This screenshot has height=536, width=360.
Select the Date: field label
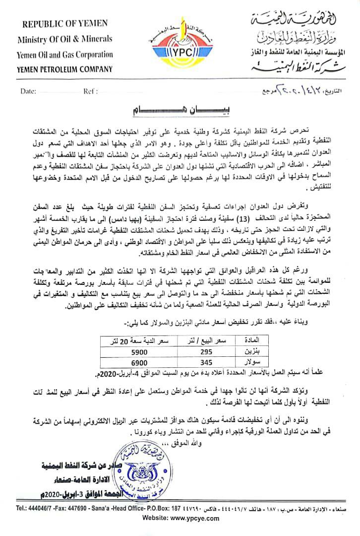point(29,92)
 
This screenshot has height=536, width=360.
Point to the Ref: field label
point(90,92)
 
